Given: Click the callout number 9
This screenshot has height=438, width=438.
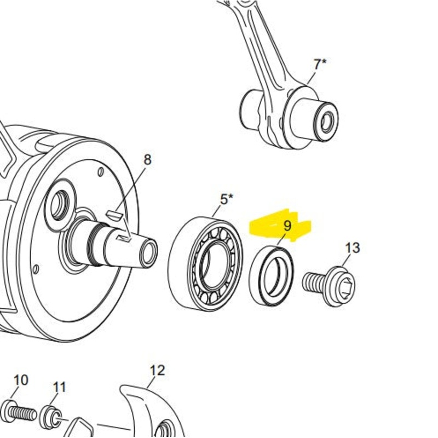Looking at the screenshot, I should click(x=287, y=225).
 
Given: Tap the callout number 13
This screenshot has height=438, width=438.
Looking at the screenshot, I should click(x=353, y=248).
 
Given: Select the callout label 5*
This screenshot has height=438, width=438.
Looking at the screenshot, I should click(x=227, y=199).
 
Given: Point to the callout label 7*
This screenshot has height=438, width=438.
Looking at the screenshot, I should click(x=320, y=64).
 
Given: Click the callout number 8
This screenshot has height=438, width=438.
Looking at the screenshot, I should click(x=147, y=160).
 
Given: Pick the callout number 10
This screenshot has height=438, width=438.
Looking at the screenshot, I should click(x=20, y=380).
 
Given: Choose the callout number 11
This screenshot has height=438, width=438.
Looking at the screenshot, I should click(x=59, y=387).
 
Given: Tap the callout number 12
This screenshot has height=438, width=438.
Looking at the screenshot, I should click(x=157, y=371).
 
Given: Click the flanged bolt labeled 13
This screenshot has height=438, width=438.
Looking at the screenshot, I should click(x=331, y=285).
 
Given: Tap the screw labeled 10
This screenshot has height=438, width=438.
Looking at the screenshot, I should click(x=20, y=411).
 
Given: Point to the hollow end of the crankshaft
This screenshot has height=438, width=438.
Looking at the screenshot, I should click(x=148, y=251).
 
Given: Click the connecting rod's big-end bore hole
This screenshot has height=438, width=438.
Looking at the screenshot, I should click(x=327, y=120).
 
